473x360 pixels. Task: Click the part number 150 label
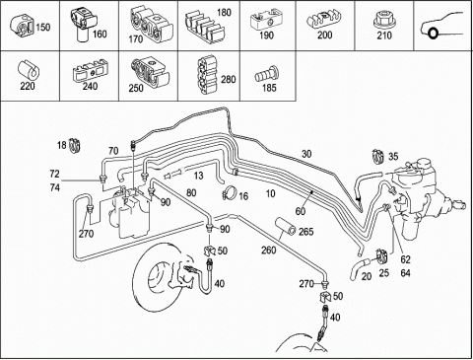(43, 27)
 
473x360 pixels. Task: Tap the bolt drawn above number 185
(267, 74)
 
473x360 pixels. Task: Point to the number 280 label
(229, 79)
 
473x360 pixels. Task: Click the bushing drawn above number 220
(29, 69)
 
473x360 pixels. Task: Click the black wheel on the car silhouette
(434, 34)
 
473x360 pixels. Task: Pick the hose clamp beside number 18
(76, 145)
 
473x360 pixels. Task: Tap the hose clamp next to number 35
(378, 156)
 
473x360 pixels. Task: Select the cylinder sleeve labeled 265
(286, 227)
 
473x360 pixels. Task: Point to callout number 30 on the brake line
(306, 154)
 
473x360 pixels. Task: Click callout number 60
(301, 211)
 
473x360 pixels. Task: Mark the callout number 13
(198, 176)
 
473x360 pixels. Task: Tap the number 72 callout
(54, 174)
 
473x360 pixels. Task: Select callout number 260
(268, 251)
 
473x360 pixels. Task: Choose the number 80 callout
(191, 192)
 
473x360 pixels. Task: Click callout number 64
(405, 273)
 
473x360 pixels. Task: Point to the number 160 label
(100, 34)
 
